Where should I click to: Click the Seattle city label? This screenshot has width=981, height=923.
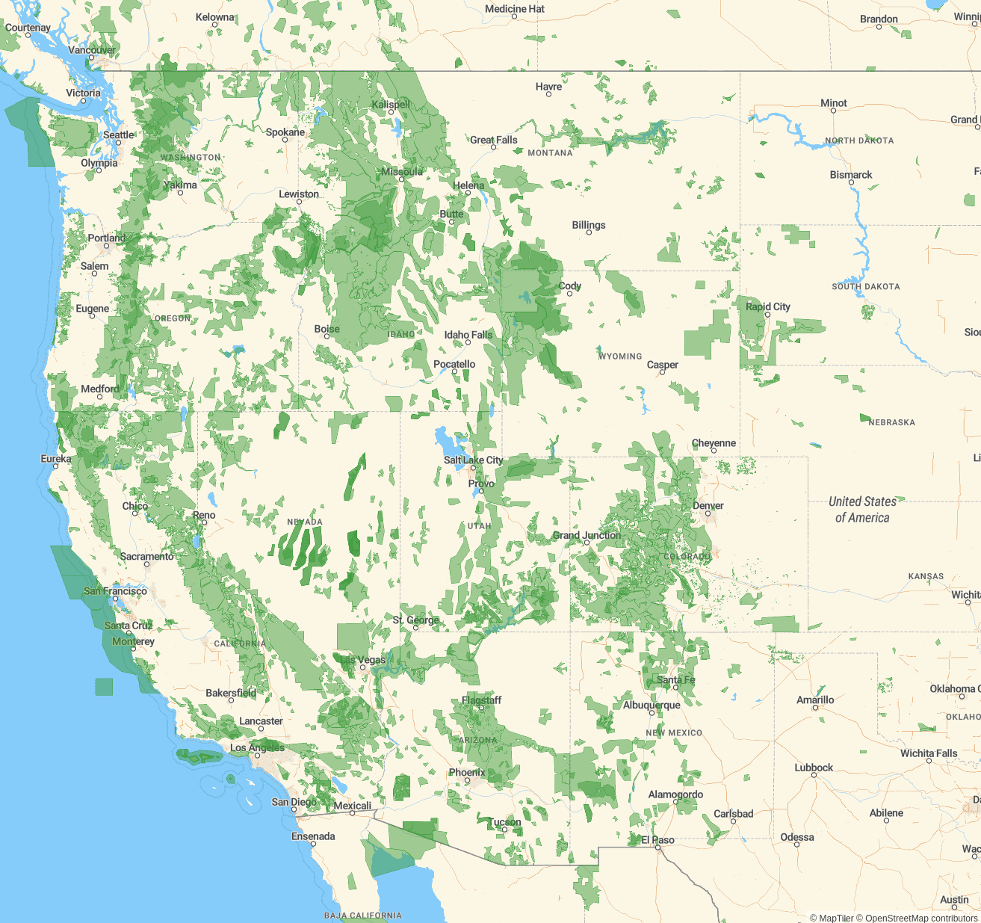[119, 135]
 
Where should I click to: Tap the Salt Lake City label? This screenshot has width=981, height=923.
[473, 460]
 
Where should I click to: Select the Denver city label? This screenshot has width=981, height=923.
[708, 505]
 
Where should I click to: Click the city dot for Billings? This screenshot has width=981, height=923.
[589, 232]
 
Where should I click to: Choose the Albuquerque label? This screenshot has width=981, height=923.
[652, 705]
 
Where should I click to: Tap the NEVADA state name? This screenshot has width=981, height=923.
[305, 522]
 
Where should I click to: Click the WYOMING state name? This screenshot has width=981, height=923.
[620, 356]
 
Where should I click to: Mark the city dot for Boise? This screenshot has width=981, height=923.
[327, 336]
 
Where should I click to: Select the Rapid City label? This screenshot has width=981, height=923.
[767, 306]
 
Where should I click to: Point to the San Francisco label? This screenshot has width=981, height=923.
[115, 590]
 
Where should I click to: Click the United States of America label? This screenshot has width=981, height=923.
[862, 510]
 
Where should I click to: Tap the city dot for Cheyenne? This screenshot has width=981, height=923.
[714, 451]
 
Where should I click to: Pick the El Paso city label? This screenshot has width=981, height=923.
[657, 840]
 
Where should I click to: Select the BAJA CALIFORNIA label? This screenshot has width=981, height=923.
[362, 916]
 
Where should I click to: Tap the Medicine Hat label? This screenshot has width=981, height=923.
[514, 9]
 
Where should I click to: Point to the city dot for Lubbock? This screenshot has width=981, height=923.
[814, 775]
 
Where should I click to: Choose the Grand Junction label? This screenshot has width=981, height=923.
[587, 535]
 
